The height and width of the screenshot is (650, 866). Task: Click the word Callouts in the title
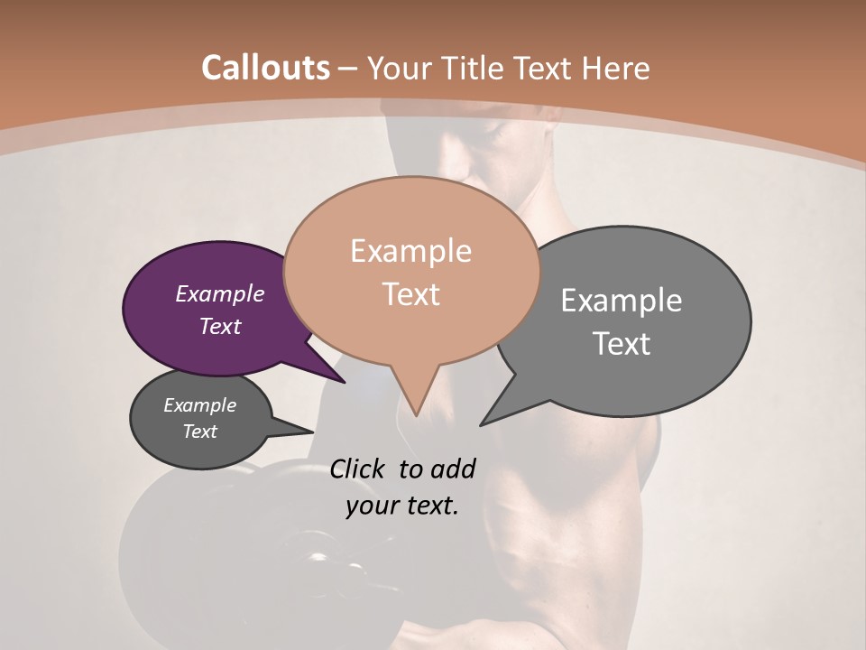265,68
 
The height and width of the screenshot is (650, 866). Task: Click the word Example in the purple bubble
219,293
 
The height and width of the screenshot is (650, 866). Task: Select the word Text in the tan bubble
411,294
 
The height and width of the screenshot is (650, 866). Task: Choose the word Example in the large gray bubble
622,301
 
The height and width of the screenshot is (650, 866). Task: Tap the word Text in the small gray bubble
200,432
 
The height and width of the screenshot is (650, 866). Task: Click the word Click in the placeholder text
358,469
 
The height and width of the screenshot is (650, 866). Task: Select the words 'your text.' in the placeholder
402,506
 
